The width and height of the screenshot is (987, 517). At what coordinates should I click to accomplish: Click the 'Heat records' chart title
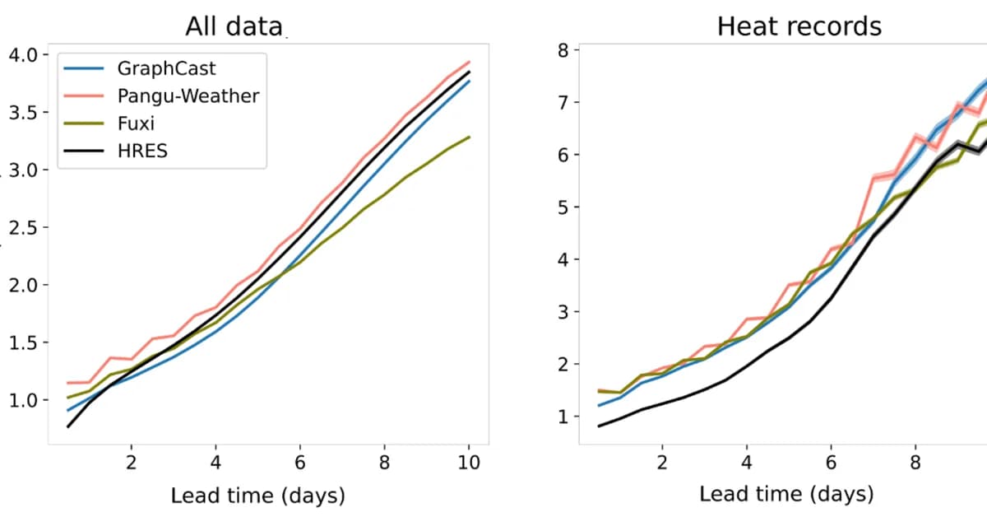(x=799, y=26)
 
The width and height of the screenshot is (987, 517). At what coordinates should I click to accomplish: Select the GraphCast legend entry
(x=166, y=68)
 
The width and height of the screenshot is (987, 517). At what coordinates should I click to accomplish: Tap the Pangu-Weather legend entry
(x=188, y=95)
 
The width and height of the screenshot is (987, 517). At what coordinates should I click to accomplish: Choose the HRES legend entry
(x=141, y=151)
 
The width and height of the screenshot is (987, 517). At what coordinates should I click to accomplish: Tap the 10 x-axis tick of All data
(x=469, y=462)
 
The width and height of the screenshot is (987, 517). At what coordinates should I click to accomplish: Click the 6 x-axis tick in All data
(x=300, y=462)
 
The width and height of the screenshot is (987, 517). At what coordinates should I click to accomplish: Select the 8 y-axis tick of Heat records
(x=563, y=50)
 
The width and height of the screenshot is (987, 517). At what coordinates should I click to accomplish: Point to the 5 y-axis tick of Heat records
(x=563, y=207)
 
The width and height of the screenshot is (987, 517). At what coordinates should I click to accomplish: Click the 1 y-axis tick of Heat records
(x=563, y=417)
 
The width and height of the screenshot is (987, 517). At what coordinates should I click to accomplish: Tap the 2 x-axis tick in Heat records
(x=662, y=462)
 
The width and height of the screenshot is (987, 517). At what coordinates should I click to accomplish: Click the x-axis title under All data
(x=257, y=496)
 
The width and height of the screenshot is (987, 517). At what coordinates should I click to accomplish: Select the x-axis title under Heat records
(x=786, y=494)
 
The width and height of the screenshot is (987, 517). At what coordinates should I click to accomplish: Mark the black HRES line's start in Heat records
(x=600, y=426)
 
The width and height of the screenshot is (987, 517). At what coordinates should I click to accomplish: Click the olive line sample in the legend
(x=83, y=123)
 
